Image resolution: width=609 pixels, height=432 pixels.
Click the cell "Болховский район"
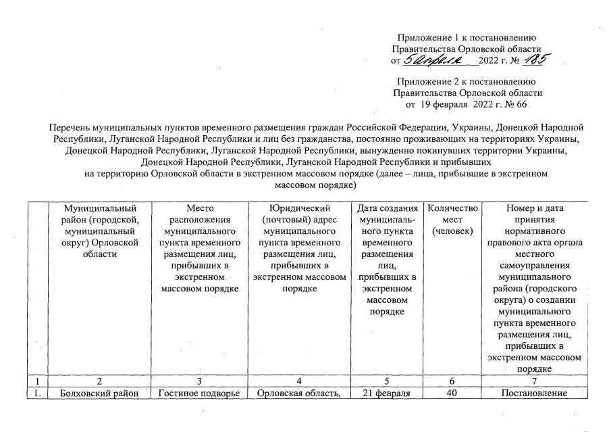[92, 393]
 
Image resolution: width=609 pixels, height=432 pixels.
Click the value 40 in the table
[452, 393]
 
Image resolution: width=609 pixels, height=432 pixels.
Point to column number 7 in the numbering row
[534, 381]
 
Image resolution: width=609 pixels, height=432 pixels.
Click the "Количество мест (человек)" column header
[452, 220]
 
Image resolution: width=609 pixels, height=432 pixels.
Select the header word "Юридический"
[298, 208]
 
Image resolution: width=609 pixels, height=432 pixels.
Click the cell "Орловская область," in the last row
[298, 393]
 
